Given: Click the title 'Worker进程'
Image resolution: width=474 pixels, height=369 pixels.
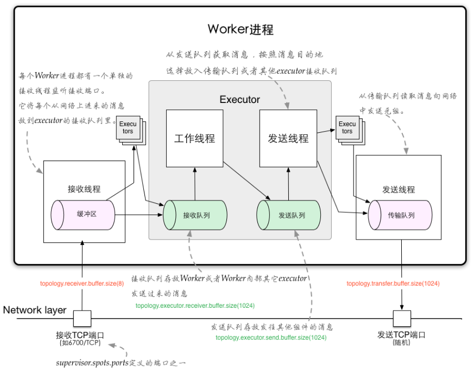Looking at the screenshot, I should click(241, 29).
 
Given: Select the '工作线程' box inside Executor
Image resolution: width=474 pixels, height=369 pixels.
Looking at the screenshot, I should click(194, 138).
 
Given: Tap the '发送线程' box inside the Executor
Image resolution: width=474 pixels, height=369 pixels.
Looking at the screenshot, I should click(288, 138).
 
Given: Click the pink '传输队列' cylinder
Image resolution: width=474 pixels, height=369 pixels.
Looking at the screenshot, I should click(400, 215).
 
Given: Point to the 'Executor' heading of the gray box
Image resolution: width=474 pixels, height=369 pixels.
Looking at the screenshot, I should click(239, 100).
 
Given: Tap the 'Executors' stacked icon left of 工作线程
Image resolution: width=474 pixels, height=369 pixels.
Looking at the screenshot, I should click(128, 128).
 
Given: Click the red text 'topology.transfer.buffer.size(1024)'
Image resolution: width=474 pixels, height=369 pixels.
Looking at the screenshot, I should click(393, 283).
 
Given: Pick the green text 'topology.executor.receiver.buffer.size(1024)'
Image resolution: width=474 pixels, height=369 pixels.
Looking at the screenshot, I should click(195, 306).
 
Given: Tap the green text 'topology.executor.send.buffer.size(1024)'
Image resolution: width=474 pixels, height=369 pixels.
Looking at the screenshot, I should click(271, 338).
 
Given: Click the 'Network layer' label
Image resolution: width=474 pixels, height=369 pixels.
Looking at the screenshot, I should click(35, 310).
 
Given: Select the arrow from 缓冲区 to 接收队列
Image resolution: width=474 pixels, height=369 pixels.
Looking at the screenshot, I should click(138, 215).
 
